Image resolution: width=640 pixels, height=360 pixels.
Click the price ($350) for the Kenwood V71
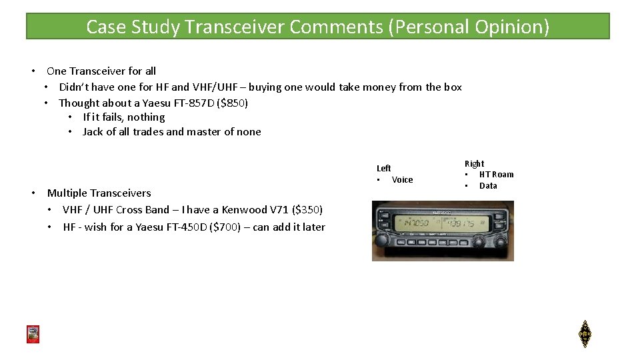[x=307, y=210]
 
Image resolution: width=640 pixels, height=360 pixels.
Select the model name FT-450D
[x=187, y=227]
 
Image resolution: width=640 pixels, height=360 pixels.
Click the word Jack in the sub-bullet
[x=93, y=131]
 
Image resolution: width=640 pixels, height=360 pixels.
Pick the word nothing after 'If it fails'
[x=146, y=117]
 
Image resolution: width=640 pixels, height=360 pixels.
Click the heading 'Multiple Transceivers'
[x=99, y=193]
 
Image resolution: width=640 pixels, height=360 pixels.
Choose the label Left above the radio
[x=384, y=168]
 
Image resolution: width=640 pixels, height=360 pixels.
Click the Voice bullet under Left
[x=402, y=180]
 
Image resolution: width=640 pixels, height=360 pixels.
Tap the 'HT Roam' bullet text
[x=496, y=175]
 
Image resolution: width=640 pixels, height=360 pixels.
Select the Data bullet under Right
[x=488, y=186]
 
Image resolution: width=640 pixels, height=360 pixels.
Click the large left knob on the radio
[x=383, y=240]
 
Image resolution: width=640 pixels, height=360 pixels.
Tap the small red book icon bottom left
[x=33, y=334]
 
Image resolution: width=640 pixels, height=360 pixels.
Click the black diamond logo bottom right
[x=585, y=334]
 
